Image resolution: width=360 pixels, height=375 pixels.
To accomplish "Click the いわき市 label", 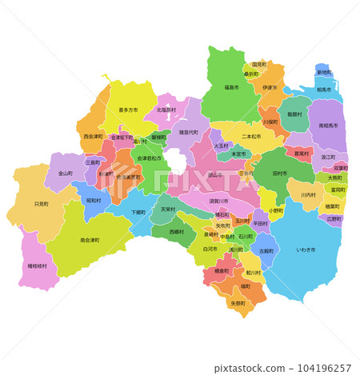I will click(x=305, y=249).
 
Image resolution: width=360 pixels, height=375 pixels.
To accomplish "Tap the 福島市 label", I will click(x=231, y=88).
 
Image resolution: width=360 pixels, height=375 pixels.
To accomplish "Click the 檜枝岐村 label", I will click(x=37, y=265).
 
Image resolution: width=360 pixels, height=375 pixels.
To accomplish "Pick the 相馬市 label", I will click(x=324, y=90).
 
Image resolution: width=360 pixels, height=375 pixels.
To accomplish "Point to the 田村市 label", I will click(x=280, y=173).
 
